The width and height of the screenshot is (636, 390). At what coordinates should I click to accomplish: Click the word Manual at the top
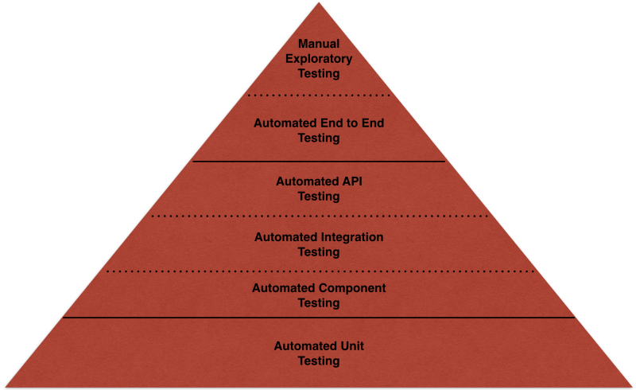[x=318, y=43]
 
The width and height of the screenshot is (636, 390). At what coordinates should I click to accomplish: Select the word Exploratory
[x=318, y=58]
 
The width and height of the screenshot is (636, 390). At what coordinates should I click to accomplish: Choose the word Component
[x=352, y=287]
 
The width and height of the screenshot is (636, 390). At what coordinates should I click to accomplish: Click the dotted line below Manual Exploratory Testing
[x=318, y=95]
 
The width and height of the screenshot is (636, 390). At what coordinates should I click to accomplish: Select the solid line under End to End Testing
[x=318, y=162]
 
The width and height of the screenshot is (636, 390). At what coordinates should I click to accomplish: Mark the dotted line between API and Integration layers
[x=318, y=216]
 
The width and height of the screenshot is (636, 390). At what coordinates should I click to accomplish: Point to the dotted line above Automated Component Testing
[x=318, y=271]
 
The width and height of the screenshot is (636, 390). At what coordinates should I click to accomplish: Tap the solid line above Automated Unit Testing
[x=318, y=318]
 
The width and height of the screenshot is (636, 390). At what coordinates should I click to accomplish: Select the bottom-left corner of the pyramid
[x=5, y=386]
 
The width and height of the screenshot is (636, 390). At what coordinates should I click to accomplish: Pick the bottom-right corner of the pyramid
[x=631, y=386]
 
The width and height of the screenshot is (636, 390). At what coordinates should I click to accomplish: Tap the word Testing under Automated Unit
[x=318, y=361]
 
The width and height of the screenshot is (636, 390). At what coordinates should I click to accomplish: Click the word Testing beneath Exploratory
[x=318, y=73]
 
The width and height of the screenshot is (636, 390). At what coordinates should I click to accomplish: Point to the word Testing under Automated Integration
[x=318, y=252]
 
